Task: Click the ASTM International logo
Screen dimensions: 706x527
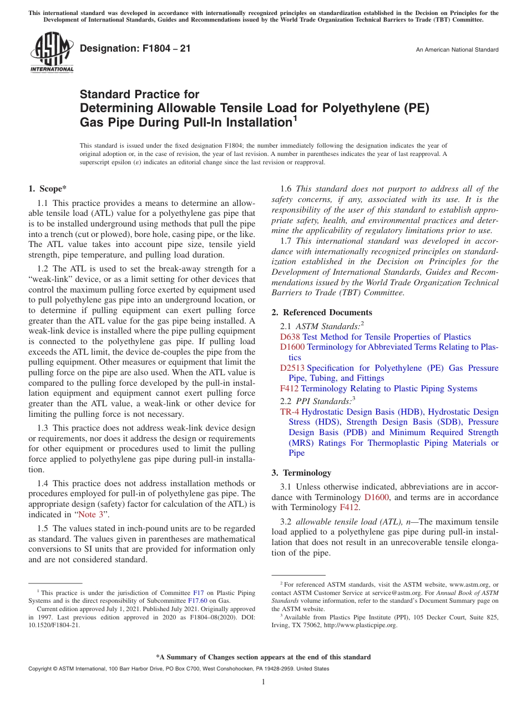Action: [x=51, y=53]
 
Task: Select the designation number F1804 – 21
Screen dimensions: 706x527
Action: [x=135, y=49]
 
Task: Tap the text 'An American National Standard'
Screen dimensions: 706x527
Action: [x=457, y=50]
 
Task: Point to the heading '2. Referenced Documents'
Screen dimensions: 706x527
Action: [x=322, y=312]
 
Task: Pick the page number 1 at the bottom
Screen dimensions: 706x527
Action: [x=263, y=682]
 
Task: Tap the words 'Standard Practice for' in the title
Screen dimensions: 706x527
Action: [x=140, y=94]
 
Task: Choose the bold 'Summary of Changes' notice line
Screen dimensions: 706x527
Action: [x=263, y=657]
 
